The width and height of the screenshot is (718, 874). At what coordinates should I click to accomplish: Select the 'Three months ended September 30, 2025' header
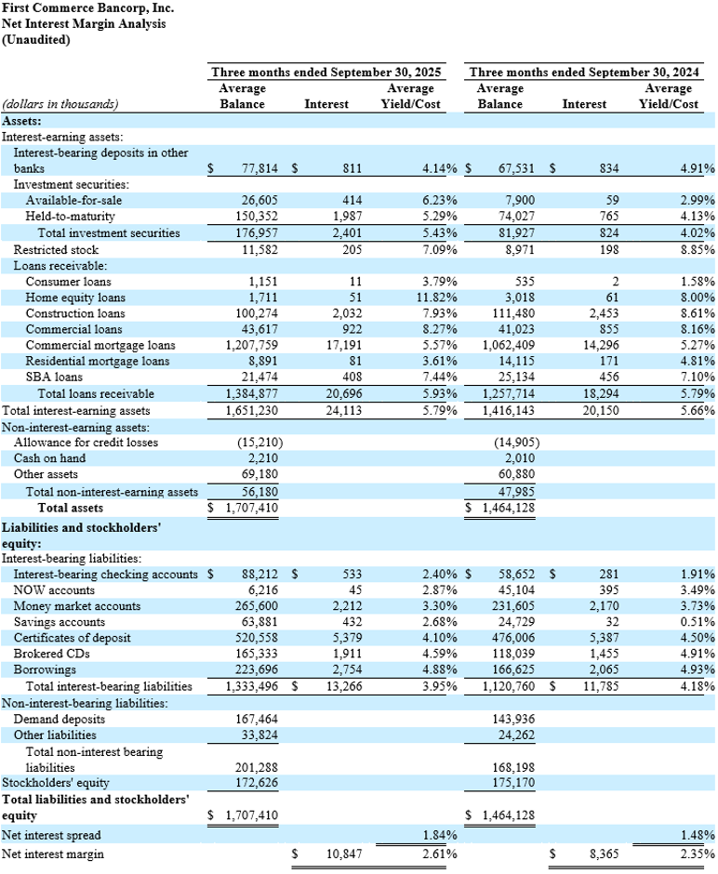click(x=326, y=72)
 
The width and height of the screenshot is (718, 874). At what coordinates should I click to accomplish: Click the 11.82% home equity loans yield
click(x=416, y=297)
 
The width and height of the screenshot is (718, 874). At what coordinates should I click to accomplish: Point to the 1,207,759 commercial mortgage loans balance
click(x=250, y=345)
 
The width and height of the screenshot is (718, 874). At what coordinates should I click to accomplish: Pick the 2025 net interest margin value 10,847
click(x=344, y=854)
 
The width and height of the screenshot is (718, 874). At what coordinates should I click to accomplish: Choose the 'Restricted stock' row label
click(x=56, y=249)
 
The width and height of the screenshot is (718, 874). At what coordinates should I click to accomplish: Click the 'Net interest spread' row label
click(x=51, y=835)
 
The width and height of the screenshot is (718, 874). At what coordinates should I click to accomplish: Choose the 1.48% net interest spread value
click(x=697, y=835)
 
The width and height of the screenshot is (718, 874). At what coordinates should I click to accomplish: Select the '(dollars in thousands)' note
click(x=60, y=104)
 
